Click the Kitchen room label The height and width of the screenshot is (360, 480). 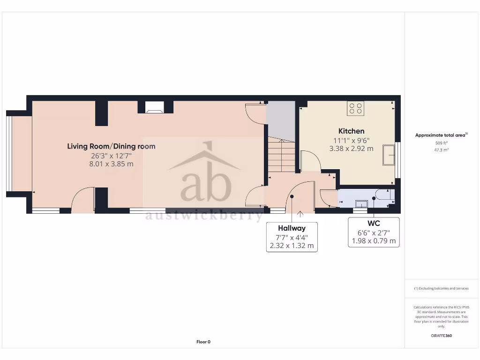point(351,131)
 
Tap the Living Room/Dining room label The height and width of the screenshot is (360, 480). point(111,146)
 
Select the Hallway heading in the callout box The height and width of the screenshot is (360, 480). point(292,228)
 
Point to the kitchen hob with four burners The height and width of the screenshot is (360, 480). point(356,108)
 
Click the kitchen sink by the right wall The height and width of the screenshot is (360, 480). point(389,155)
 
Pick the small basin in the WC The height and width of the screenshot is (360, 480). point(361,203)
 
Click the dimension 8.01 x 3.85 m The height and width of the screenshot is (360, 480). point(111,164)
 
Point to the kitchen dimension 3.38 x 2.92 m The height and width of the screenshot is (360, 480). point(351,149)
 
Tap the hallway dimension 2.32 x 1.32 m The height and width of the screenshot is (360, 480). point(292,246)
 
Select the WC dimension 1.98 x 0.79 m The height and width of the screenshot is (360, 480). point(374,241)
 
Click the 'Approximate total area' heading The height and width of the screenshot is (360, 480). point(441,135)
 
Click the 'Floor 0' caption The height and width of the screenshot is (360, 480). point(203,342)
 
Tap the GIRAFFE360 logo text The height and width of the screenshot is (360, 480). point(441,336)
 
